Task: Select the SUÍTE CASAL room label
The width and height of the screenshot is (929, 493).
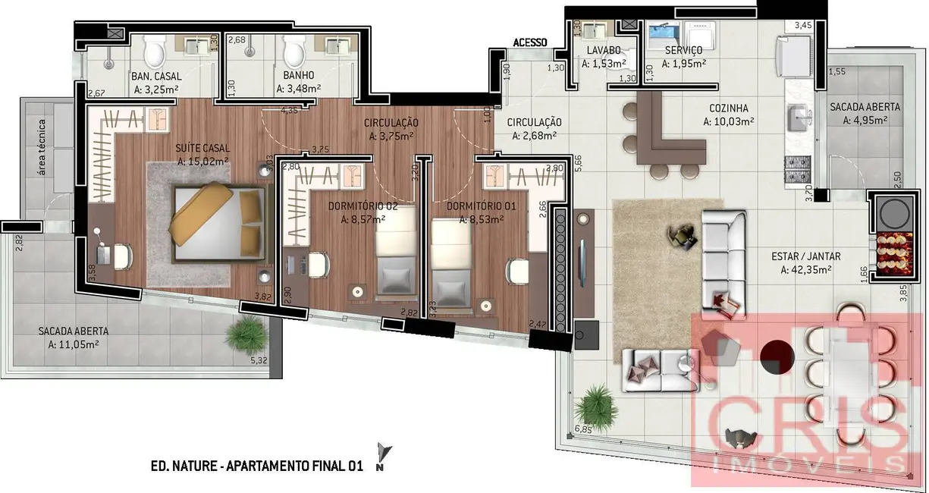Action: (202, 148)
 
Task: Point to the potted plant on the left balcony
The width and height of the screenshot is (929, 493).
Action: (244, 331)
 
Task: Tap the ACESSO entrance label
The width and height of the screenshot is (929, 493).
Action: (530, 42)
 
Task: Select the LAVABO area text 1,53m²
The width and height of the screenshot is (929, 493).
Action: (604, 64)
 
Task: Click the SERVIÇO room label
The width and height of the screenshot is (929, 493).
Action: (683, 50)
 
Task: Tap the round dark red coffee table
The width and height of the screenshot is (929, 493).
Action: (777, 355)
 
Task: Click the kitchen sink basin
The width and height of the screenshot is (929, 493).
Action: (799, 118)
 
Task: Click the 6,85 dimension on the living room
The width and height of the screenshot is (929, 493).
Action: (583, 429)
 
